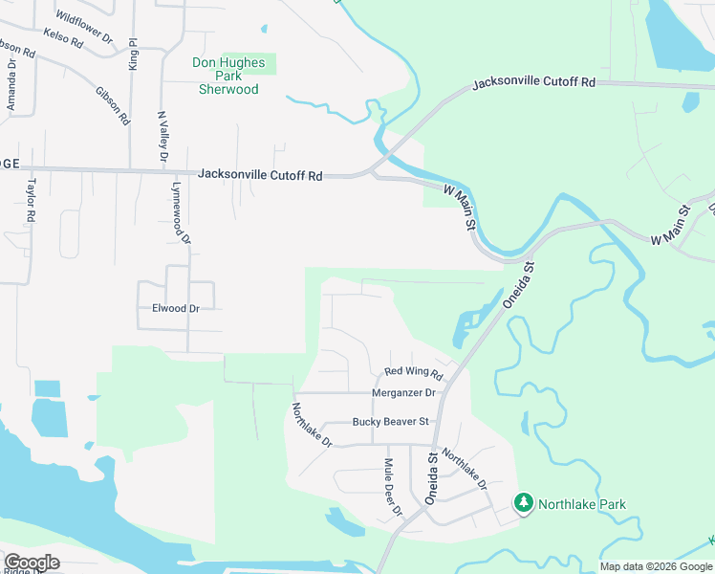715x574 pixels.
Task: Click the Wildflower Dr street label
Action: pyautogui.click(x=84, y=29)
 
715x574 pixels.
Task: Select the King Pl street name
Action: pyautogui.click(x=134, y=54)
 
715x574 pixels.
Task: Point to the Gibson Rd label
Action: pyautogui.click(x=113, y=105)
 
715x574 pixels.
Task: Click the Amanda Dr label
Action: pyautogui.click(x=11, y=87)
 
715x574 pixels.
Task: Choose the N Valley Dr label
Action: pyautogui.click(x=162, y=135)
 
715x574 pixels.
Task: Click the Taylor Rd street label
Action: pyautogui.click(x=31, y=201)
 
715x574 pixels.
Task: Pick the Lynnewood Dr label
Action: pyautogui.click(x=181, y=214)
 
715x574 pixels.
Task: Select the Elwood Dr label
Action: pyautogui.click(x=176, y=309)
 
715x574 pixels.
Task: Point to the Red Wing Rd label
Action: pyautogui.click(x=412, y=372)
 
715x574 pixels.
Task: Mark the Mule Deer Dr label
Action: pyautogui.click(x=392, y=487)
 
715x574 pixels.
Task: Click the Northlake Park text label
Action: pyautogui.click(x=581, y=504)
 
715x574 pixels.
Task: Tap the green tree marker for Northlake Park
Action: pyautogui.click(x=523, y=502)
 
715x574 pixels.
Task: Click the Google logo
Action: pyautogui.click(x=32, y=562)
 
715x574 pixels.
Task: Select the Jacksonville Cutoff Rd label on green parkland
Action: pyautogui.click(x=533, y=83)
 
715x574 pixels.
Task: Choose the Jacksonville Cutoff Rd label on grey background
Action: pyautogui.click(x=260, y=175)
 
